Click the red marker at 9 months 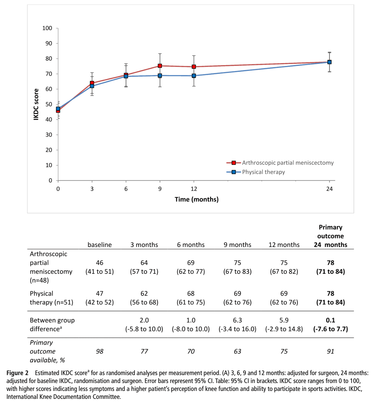pos(160,66)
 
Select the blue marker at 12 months pos(194,76)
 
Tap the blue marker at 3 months pos(92,86)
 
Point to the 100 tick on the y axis pos(47,28)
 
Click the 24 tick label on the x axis pos(329,189)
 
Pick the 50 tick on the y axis pos(49,104)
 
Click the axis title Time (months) pos(197,199)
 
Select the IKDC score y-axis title pos(36,104)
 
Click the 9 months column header pos(237,245)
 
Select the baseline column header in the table pos(100,245)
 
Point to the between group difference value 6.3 pos(237,320)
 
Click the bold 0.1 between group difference pos(330,320)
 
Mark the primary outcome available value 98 pos(100,351)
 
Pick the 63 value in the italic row pos(237,351)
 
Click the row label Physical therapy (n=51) pos(51,298)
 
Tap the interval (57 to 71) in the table pos(144,271)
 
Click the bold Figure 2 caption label pos(17,373)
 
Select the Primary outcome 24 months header pos(330,236)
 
